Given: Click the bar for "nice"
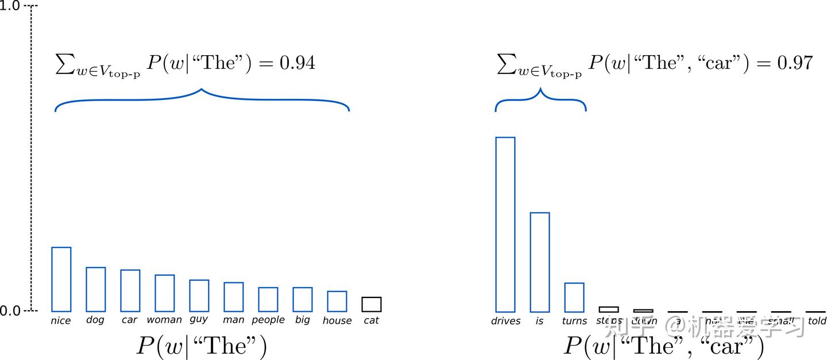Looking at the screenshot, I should [61, 280].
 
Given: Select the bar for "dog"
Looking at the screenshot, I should [96, 289].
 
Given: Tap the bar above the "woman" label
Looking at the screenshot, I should [165, 293].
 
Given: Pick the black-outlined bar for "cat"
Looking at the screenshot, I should [372, 304].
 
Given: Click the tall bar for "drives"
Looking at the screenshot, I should [505, 224].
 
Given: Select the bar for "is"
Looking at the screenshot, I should [540, 262].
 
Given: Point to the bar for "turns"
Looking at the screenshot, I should [574, 297].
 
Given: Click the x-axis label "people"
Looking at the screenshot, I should [268, 320].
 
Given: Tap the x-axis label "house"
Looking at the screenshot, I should [337, 320].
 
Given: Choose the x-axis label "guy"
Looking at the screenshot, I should [199, 319].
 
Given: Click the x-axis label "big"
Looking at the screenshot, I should [302, 320].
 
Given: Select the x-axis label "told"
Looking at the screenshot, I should [817, 320].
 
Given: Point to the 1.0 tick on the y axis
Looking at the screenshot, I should [11, 7].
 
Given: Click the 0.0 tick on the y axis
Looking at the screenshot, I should [11, 311].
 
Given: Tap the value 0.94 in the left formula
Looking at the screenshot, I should [297, 63].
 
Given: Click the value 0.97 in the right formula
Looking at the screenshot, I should [795, 63].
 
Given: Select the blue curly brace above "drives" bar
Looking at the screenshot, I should [540, 99].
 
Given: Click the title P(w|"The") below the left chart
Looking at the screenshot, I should [202, 346].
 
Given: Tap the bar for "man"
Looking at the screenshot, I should [234, 297].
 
